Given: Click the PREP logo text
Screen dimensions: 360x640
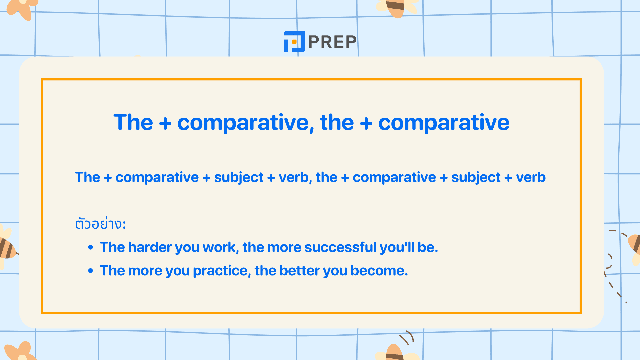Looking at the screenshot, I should tap(332, 42).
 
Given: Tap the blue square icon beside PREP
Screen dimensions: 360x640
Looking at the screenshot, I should tap(294, 42).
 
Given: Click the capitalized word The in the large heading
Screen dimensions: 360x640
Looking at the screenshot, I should tap(133, 122).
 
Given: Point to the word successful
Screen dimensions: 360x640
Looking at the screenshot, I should tap(340, 247).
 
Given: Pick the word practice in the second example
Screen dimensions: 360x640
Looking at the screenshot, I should tap(221, 271).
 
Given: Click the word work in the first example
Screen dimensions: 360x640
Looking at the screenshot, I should tap(220, 247).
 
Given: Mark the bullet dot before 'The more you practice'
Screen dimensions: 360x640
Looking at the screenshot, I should tap(91, 271).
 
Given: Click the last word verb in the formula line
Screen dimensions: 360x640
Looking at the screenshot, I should tap(531, 177).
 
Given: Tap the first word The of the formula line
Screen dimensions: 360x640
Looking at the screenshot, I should tap(87, 177).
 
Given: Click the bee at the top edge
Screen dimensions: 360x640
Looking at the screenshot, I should tap(396, 7).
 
